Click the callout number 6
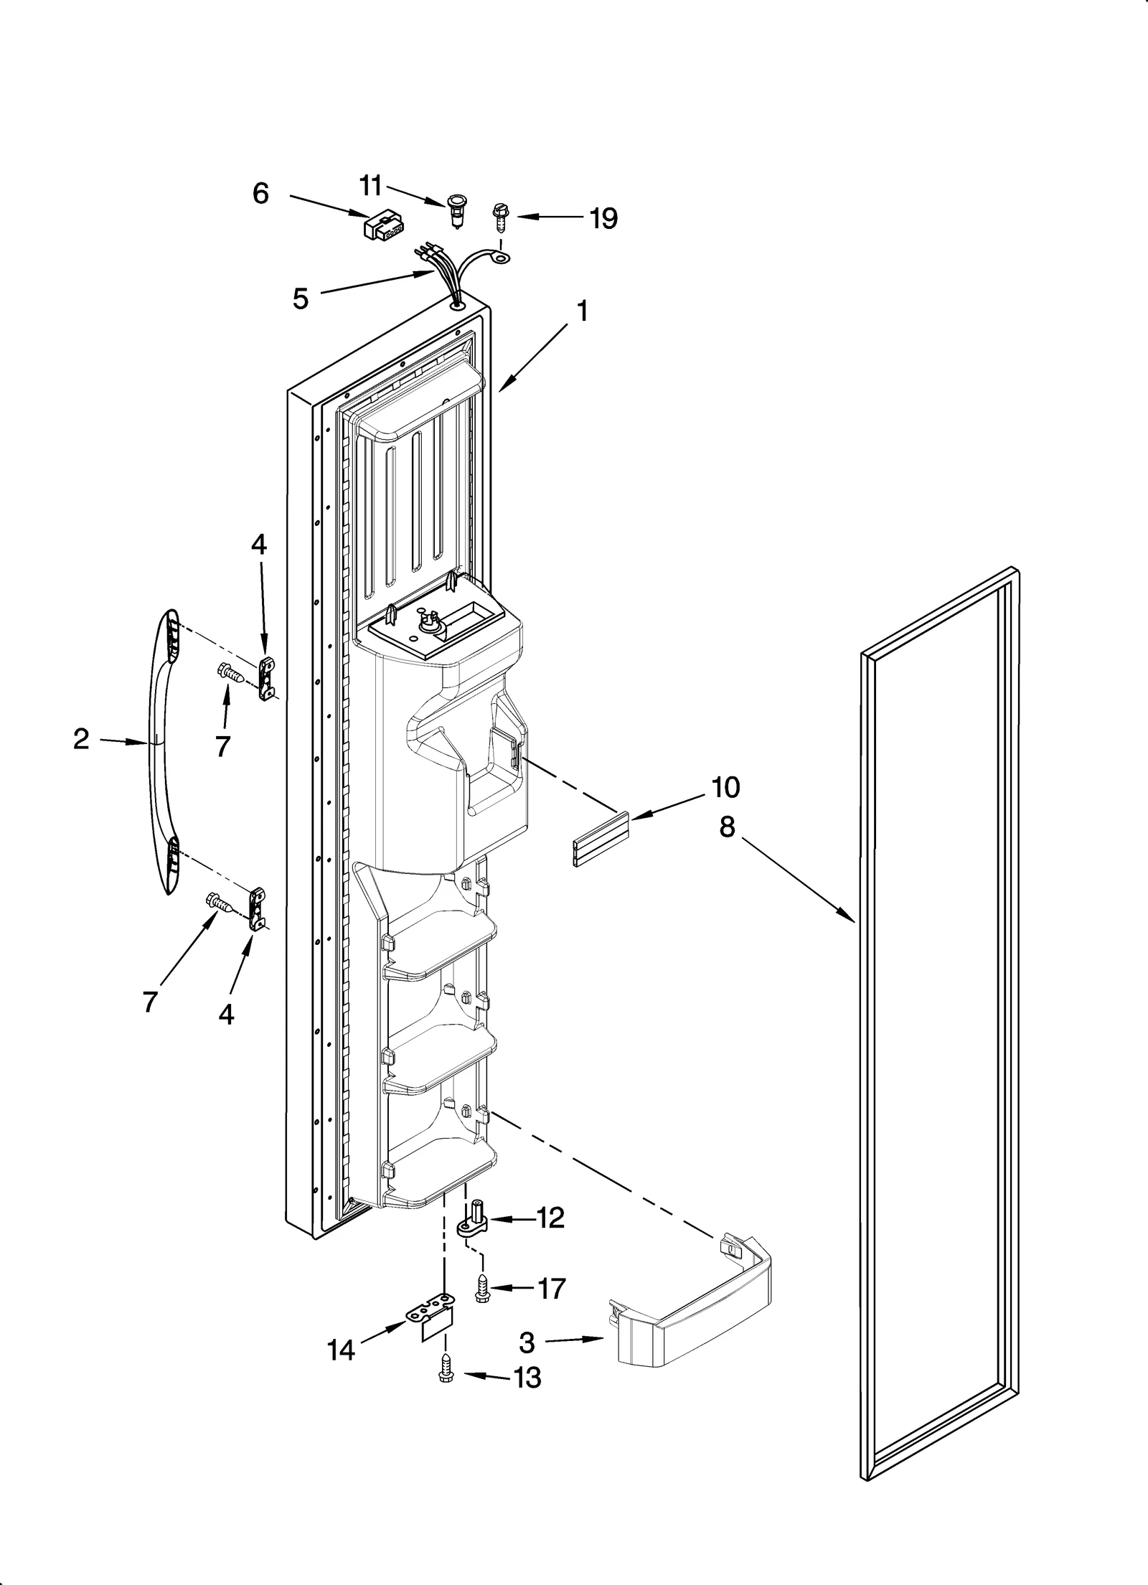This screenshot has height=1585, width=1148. point(260,194)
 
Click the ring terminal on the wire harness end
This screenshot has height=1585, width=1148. point(500,255)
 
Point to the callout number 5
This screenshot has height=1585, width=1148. point(301,298)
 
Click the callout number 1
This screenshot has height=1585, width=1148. point(583,311)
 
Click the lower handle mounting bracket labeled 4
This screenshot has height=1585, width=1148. point(256,909)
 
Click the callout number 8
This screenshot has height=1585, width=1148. point(727,827)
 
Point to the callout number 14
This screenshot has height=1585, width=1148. point(341,1350)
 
